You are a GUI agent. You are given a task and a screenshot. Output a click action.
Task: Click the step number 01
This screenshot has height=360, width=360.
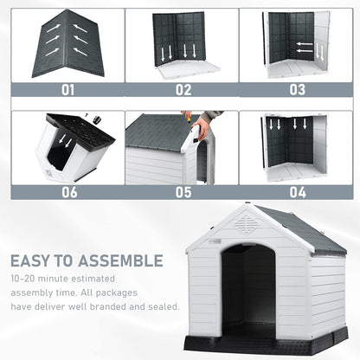[x=67, y=88]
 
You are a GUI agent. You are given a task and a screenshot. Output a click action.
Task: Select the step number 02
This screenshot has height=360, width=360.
[x=182, y=88]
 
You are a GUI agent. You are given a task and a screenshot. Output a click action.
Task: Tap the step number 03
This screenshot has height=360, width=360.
[x=297, y=88]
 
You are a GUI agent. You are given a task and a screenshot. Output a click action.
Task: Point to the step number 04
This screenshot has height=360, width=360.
[x=297, y=192]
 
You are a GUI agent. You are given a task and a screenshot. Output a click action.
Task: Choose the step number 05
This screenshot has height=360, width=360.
[x=182, y=192]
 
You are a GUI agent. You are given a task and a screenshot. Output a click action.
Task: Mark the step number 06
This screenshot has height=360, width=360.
[x=67, y=192]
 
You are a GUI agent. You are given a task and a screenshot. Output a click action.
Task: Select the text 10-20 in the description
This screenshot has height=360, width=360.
[x=23, y=280]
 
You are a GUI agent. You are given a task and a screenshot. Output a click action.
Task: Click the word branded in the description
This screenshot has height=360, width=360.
[x=108, y=306]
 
